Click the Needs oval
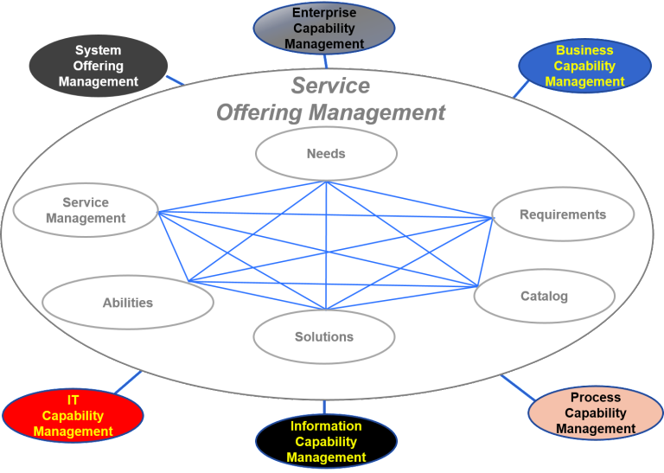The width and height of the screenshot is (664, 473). (x=326, y=154)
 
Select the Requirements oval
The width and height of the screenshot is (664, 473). (x=563, y=214)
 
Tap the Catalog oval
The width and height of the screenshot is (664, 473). (x=544, y=297)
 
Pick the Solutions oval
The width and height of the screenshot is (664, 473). (x=324, y=337)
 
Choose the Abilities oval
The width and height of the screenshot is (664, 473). (x=127, y=303)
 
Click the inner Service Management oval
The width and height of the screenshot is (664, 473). (x=86, y=210)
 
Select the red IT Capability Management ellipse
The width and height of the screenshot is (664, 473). (x=73, y=416)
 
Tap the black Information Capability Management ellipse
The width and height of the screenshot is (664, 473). (x=326, y=442)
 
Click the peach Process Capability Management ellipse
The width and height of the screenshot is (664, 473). (x=596, y=413)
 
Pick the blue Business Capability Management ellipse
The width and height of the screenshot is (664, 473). (x=584, y=66)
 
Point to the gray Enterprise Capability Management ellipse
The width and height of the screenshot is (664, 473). (x=324, y=29)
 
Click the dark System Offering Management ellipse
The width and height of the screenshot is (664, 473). (x=98, y=66)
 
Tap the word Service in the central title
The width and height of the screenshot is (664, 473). (x=330, y=86)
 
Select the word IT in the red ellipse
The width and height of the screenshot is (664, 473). (x=73, y=400)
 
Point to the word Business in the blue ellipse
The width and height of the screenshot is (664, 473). (x=584, y=50)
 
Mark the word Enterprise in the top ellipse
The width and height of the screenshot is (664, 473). (x=324, y=13)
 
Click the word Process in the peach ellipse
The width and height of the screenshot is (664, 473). (x=596, y=398)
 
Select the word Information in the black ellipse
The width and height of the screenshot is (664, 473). (x=326, y=426)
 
